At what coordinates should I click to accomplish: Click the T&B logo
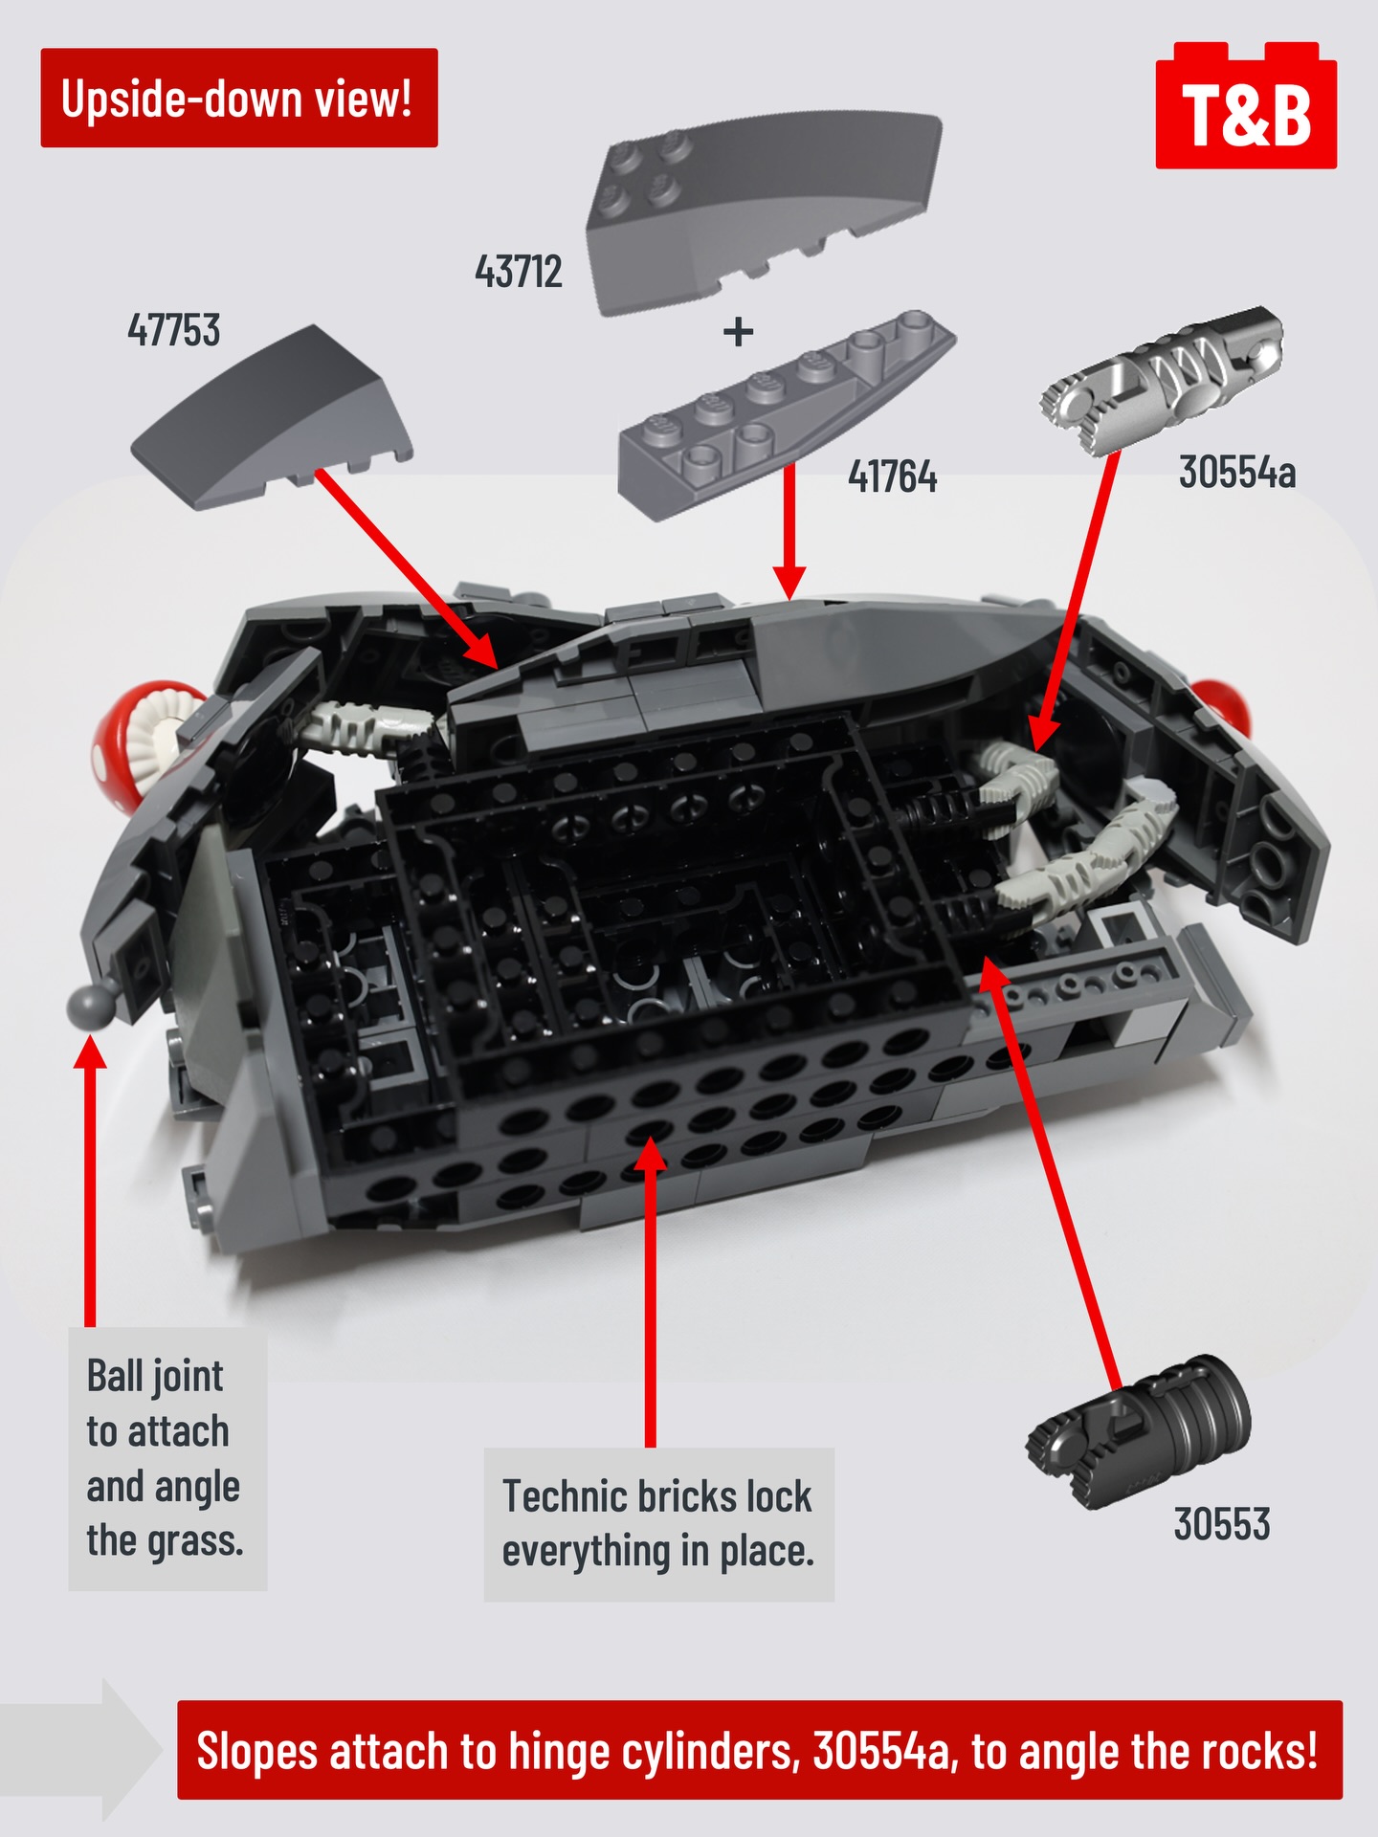[x=1246, y=110]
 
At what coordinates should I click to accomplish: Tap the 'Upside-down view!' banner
[x=238, y=99]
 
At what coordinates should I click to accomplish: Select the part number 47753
[x=174, y=331]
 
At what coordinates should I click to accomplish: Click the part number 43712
[x=519, y=273]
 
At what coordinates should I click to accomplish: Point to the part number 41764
[x=892, y=476]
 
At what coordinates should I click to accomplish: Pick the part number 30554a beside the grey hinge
[x=1236, y=473]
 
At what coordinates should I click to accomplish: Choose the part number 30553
[x=1221, y=1524]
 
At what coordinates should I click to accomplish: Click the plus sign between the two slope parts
[x=738, y=333]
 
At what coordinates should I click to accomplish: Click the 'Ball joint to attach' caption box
[x=167, y=1458]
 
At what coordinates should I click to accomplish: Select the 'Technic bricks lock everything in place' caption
[x=658, y=1523]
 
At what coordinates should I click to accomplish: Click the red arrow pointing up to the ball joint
[x=91, y=1186]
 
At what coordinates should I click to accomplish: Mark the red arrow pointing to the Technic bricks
[x=651, y=1292]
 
